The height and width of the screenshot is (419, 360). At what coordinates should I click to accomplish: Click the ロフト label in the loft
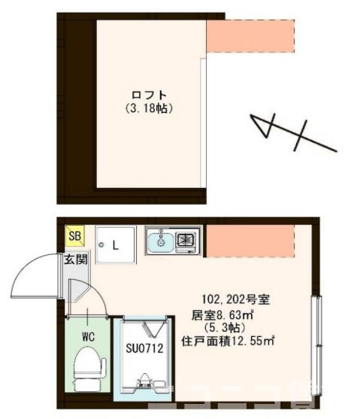149,95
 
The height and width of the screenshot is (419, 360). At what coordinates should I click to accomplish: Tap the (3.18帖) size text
150,108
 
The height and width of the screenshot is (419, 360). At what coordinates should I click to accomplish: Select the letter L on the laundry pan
116,244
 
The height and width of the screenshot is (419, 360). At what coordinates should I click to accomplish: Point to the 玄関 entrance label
74,260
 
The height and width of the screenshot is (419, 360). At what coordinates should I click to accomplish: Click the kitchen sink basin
160,242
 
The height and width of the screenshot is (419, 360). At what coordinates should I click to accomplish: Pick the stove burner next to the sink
186,241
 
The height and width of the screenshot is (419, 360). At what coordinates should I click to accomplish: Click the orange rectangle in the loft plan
250,37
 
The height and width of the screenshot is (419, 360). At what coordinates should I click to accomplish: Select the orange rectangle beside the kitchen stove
250,241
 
